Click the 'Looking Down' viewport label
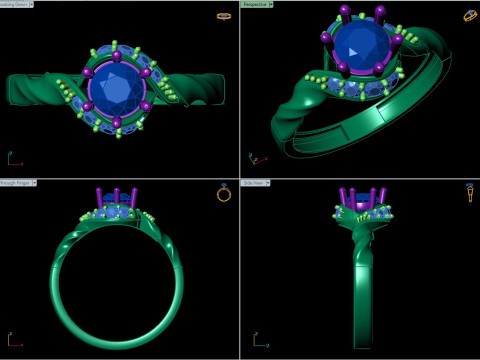[17, 4]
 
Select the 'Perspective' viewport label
[258, 4]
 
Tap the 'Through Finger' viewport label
[18, 184]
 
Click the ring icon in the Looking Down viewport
[224, 16]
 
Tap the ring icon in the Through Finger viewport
[224, 194]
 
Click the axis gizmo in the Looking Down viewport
[13, 159]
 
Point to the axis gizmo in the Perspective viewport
[256, 158]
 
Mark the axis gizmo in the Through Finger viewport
[13, 339]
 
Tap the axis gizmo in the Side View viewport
[256, 339]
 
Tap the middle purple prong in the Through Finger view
[118, 195]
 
